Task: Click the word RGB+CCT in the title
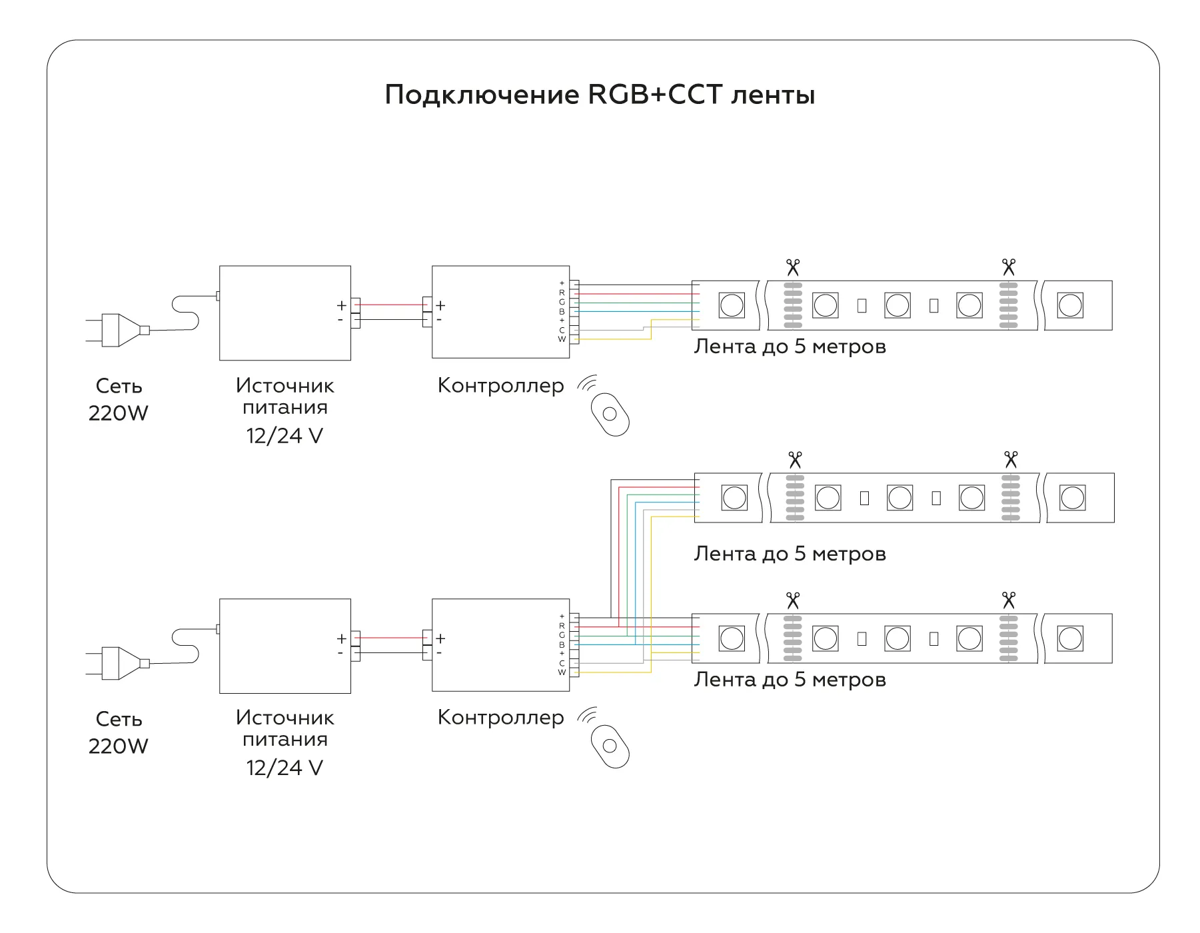coord(655,95)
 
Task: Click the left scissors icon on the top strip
coord(792,268)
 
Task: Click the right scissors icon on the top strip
coord(1008,268)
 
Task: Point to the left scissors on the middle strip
coord(795,460)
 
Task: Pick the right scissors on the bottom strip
coord(1008,600)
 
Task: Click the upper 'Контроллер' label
coord(500,386)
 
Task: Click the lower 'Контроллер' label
coord(500,718)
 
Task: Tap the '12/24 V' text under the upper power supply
coord(285,436)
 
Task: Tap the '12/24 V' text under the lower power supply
coord(285,768)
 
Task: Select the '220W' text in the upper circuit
coord(118,413)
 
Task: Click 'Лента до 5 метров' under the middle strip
coord(790,554)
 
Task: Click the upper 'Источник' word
coord(285,386)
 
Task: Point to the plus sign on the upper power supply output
coord(341,306)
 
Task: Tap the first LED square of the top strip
coord(732,306)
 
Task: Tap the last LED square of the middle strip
coord(1072,498)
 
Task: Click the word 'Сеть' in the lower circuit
coord(119,719)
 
